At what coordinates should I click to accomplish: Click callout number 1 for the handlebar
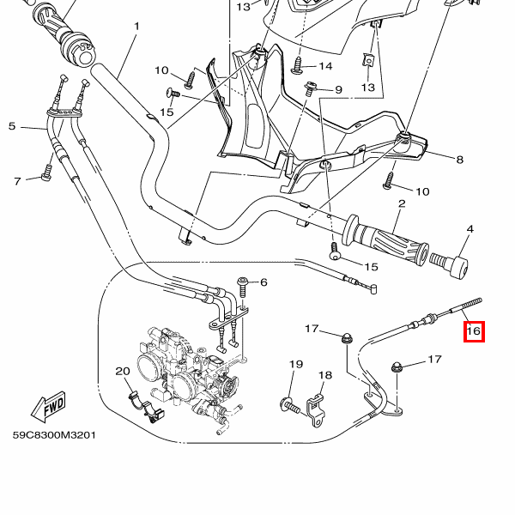tap(136, 27)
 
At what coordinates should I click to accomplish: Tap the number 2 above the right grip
tap(401, 203)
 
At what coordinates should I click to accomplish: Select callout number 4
tap(470, 229)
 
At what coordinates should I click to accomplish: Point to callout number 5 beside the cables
tap(12, 126)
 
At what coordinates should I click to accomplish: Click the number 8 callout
tap(459, 160)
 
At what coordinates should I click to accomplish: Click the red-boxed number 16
tap(474, 330)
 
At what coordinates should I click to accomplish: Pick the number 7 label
tap(16, 181)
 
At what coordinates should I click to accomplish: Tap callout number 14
tap(325, 66)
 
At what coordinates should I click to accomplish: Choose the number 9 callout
tap(337, 90)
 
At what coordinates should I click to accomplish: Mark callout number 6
tap(264, 282)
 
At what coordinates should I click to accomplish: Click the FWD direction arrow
tap(49, 403)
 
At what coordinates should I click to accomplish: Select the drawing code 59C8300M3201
tap(54, 435)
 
